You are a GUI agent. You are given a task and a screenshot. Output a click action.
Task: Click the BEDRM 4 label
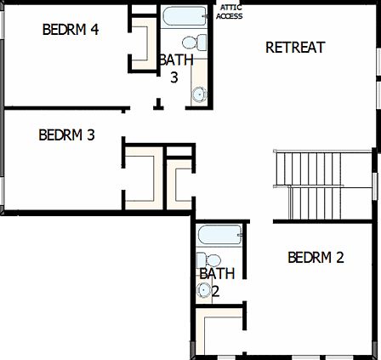[71, 29]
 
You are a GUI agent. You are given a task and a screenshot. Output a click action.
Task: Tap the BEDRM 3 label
[66, 134]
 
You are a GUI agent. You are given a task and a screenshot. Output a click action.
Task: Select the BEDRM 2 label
[316, 257]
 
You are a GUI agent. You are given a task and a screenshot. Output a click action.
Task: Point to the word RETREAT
[295, 48]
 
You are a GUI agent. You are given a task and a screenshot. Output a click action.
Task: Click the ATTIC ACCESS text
[230, 12]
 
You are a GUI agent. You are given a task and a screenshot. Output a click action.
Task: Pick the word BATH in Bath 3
[176, 60]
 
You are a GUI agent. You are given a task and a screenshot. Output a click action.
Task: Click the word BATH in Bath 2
[217, 274]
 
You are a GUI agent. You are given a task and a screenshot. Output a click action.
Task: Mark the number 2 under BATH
[216, 291]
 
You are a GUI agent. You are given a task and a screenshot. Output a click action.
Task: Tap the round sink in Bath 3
[200, 95]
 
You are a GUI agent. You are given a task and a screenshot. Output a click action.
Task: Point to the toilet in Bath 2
[210, 260]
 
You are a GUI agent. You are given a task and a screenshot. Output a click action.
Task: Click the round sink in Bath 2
[204, 291]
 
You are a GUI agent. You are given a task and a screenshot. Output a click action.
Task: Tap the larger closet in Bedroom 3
[140, 180]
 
